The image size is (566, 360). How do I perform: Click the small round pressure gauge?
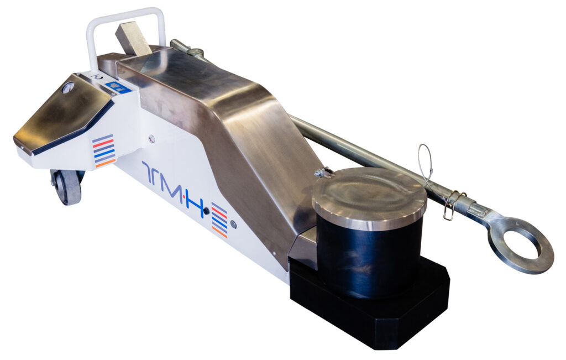pos(68,87)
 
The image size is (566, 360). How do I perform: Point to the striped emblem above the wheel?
pos(104,150)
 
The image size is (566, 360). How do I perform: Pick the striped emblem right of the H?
pos(219,219)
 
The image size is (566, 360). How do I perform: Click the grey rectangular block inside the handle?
pos(133,39)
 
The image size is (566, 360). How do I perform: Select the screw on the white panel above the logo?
pos(151,139)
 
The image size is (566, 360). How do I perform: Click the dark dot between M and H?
pos(206,211)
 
